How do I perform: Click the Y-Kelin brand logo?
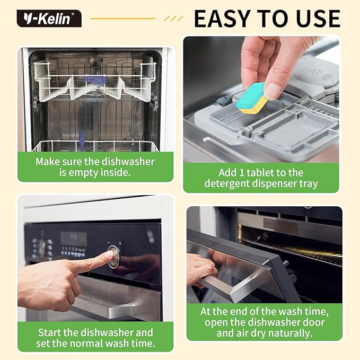[x=49, y=19]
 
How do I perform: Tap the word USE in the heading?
[x=318, y=19]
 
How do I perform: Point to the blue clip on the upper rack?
[x=95, y=80]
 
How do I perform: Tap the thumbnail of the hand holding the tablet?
[x=261, y=100]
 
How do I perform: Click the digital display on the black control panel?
[x=74, y=239]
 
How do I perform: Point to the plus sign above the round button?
[x=120, y=243]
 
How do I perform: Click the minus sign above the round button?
[x=109, y=242]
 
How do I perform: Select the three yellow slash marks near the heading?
[x=173, y=19]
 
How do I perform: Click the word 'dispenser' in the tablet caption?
[x=274, y=183]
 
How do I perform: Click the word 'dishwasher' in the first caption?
[x=128, y=162]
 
